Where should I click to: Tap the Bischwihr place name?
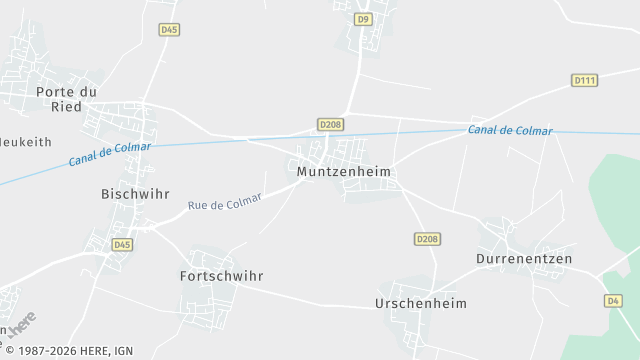[135, 193]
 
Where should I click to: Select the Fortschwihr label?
[221, 275]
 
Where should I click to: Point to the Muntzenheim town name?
[343, 172]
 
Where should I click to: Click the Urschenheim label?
[420, 303]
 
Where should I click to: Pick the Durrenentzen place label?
[524, 259]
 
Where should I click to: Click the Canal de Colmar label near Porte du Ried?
[110, 154]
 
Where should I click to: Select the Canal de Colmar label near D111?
[510, 131]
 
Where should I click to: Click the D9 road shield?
[363, 19]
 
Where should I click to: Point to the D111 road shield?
[584, 80]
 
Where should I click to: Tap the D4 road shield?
[613, 300]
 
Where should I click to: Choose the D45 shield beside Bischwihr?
[122, 244]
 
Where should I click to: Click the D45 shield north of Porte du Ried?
[169, 30]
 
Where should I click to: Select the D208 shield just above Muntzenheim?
[330, 124]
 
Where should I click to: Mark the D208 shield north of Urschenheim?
[427, 239]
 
